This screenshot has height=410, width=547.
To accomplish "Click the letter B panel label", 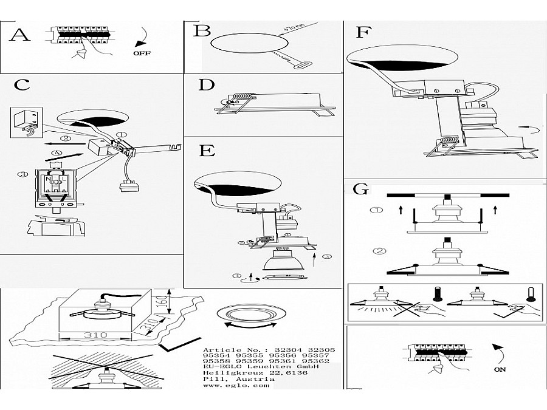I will click(x=202, y=30).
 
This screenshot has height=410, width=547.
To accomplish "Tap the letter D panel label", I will click(x=207, y=84).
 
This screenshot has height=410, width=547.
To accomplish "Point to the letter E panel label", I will click(x=207, y=151).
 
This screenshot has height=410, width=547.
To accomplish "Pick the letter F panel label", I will click(x=363, y=32).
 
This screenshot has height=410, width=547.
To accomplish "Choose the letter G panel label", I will click(x=360, y=189).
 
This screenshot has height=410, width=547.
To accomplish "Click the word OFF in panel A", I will click(x=142, y=53).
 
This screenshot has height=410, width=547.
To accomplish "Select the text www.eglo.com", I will click(x=228, y=385).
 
